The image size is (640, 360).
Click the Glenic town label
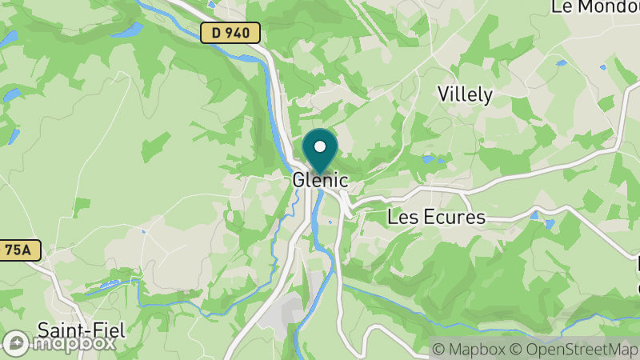[320, 181]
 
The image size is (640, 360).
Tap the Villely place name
[465, 94]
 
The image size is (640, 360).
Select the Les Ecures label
[436, 217]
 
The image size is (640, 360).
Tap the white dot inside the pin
[320, 146]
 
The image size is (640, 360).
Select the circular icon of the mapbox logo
[16, 343]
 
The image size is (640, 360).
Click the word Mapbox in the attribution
[475, 350]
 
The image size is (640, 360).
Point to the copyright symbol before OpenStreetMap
[516, 350]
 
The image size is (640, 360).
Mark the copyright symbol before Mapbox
[439, 350]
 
